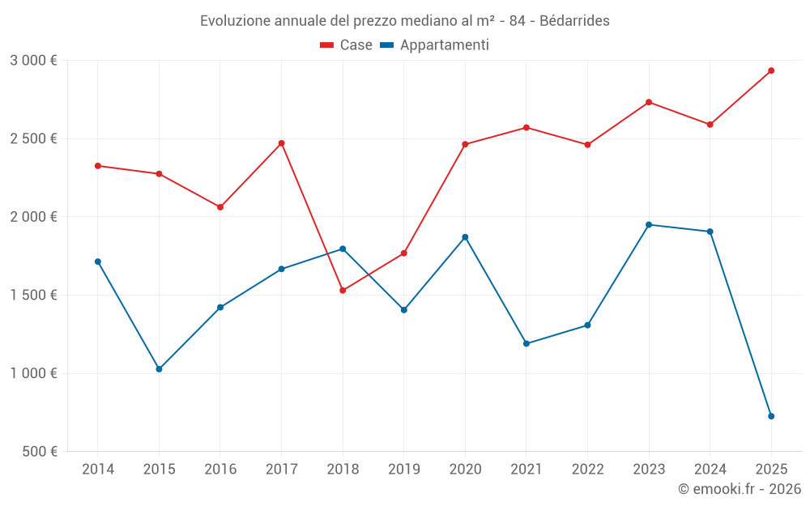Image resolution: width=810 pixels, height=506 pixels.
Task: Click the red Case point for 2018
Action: pyautogui.click(x=343, y=290)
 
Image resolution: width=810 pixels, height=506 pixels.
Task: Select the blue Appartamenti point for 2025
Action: pyautogui.click(x=771, y=416)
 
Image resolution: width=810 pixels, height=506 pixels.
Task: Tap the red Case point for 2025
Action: pyautogui.click(x=771, y=70)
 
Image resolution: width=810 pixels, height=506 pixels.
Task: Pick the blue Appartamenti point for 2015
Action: pyautogui.click(x=159, y=369)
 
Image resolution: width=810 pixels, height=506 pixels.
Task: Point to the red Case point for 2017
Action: pyautogui.click(x=281, y=143)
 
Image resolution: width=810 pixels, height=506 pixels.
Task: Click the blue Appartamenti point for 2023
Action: pyautogui.click(x=649, y=224)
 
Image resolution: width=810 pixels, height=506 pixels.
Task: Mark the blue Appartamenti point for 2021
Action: pyautogui.click(x=526, y=343)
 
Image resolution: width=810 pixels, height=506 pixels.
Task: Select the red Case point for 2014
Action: pyautogui.click(x=98, y=166)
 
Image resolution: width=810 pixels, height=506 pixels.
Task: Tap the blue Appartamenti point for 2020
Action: pyautogui.click(x=465, y=237)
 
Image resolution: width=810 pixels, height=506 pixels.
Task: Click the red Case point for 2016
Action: pyautogui.click(x=220, y=207)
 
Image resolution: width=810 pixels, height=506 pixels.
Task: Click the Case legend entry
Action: pyautogui.click(x=347, y=45)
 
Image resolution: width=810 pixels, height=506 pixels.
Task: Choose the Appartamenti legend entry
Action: pyautogui.click(x=435, y=45)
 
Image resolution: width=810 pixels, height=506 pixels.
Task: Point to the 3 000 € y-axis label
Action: pyautogui.click(x=33, y=61)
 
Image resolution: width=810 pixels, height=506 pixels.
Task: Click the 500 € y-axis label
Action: pyautogui.click(x=39, y=452)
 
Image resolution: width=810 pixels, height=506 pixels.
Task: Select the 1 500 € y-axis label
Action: pyautogui.click(x=33, y=296)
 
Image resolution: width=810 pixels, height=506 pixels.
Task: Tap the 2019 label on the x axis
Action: pyautogui.click(x=403, y=470)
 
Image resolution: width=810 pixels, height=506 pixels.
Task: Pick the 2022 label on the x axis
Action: pyautogui.click(x=587, y=470)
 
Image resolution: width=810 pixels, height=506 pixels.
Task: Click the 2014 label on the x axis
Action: pyautogui.click(x=98, y=470)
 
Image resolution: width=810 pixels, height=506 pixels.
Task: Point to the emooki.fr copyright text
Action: pyautogui.click(x=740, y=489)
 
